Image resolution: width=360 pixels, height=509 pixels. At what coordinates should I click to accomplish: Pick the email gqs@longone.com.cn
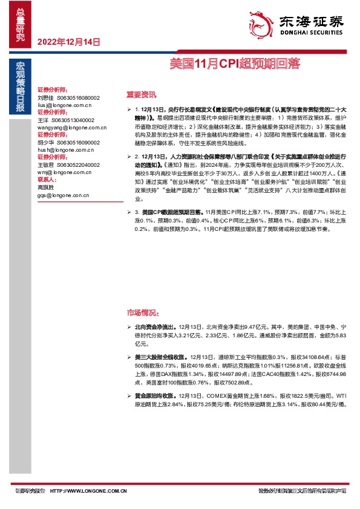(63, 195)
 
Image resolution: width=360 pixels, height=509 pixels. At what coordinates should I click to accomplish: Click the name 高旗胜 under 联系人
(45, 187)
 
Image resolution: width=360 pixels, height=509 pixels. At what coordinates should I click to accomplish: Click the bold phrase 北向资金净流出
(159, 325)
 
